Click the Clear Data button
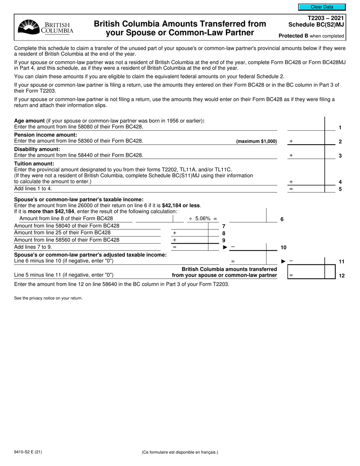(x=322, y=7)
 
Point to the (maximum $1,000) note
(x=257, y=141)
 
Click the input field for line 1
(x=305, y=127)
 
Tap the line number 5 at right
(x=340, y=189)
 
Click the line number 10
(x=283, y=247)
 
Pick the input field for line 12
(x=306, y=275)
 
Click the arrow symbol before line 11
(x=283, y=261)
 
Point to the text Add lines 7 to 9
(x=33, y=247)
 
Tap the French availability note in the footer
(x=180, y=452)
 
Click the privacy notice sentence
(x=48, y=298)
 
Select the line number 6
(x=282, y=219)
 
